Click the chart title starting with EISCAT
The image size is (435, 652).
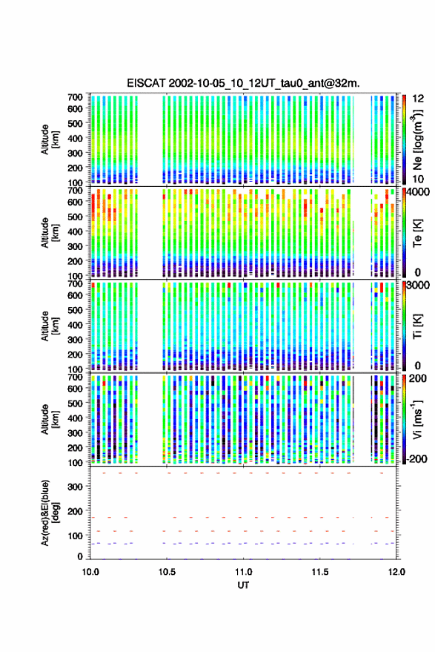point(243,83)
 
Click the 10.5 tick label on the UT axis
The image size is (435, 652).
point(167,572)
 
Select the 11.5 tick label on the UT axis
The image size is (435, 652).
point(319,572)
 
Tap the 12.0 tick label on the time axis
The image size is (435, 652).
point(396,572)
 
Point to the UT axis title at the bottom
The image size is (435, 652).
point(243,585)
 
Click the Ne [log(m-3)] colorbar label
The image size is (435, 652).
point(417,139)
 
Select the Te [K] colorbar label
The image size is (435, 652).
point(417,232)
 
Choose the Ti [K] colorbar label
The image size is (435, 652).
point(417,326)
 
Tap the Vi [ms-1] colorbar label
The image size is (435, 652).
point(417,419)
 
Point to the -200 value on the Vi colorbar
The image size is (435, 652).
point(416,459)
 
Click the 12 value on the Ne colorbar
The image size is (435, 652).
point(419,99)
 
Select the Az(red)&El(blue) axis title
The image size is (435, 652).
point(50,513)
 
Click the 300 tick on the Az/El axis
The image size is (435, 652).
point(75,487)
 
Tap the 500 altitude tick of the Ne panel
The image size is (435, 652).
point(75,123)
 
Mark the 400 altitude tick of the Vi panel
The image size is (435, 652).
point(75,418)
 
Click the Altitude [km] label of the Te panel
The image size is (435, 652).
point(50,232)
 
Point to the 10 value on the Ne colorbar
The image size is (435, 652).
point(419,179)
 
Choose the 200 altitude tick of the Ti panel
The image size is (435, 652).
point(75,355)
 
